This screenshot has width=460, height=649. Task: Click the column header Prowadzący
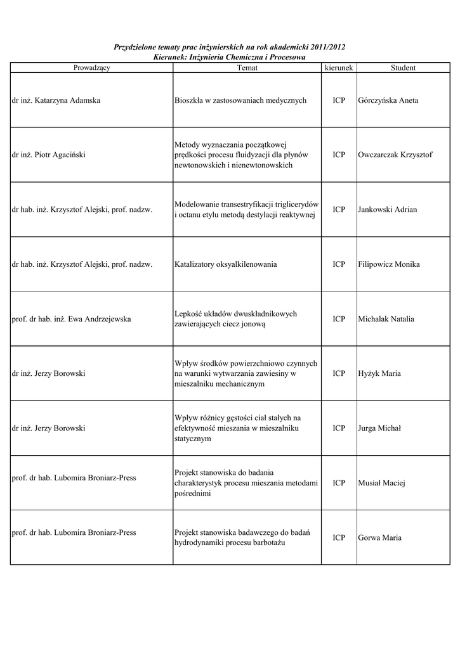click(91, 68)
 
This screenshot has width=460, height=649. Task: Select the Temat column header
click(247, 68)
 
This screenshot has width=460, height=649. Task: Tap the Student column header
click(403, 68)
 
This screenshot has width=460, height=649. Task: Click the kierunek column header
click(339, 68)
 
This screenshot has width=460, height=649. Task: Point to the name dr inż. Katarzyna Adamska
click(56, 101)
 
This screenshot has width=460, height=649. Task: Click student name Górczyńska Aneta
click(388, 101)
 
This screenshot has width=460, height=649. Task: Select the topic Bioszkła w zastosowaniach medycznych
click(240, 101)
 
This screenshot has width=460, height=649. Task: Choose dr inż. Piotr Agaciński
click(49, 155)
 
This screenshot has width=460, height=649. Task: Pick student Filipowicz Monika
click(388, 264)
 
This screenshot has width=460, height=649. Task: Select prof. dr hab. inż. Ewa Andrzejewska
click(72, 319)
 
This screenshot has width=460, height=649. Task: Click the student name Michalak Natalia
click(386, 319)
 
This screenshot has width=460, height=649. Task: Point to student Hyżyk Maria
click(379, 374)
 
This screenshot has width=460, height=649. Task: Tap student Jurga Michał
click(379, 428)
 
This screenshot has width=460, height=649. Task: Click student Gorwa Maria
click(379, 538)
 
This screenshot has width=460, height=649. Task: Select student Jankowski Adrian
click(387, 210)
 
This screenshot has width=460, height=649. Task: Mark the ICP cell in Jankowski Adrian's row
click(339, 210)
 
